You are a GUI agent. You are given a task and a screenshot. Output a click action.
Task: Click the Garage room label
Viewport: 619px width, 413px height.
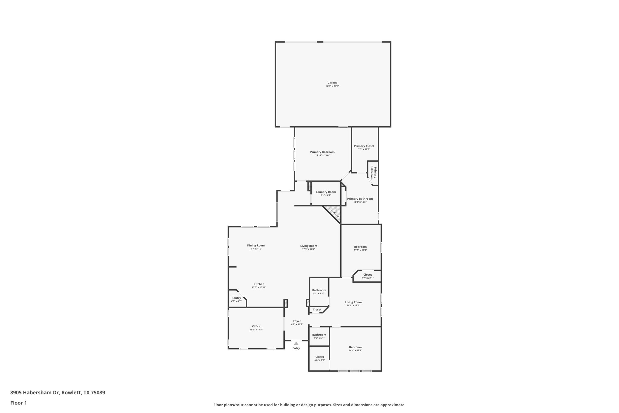[x=332, y=83]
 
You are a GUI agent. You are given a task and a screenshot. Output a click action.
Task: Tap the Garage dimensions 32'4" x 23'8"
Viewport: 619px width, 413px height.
[x=332, y=86]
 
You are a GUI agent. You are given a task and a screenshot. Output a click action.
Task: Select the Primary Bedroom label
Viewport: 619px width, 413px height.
[x=322, y=152]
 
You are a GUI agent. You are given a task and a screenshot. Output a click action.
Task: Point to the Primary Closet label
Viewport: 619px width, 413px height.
[x=364, y=146]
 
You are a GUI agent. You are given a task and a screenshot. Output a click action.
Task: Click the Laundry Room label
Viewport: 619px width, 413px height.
[x=326, y=192]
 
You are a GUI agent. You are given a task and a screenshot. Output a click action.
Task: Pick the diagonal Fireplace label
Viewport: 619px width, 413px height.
[x=334, y=212]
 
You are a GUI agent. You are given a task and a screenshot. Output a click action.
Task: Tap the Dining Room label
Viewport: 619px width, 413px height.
[x=256, y=245]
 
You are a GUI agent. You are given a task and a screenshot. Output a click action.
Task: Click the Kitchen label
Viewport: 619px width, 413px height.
[x=259, y=284]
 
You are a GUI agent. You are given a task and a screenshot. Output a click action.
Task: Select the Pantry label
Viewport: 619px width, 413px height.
[x=236, y=298]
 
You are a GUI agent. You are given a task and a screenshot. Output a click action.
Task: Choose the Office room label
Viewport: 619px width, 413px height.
[x=256, y=326]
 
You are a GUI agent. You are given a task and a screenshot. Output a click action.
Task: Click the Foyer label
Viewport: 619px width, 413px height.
[x=297, y=321]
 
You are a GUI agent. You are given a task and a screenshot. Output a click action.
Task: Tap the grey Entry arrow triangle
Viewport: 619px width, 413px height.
[x=296, y=343]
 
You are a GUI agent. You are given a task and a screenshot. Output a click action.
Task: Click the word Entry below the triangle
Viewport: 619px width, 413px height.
[x=296, y=348]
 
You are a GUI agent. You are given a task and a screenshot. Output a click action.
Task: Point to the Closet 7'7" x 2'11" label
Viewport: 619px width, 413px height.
[x=368, y=275]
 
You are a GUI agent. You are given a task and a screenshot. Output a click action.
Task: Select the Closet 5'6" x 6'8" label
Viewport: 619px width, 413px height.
[x=319, y=357]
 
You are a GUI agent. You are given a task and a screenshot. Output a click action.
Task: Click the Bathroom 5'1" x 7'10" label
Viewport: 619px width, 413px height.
[x=319, y=290]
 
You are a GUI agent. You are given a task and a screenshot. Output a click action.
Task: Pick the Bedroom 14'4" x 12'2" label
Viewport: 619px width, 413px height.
[x=355, y=347]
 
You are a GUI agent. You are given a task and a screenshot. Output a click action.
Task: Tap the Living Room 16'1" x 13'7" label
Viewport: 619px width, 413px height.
[x=353, y=302]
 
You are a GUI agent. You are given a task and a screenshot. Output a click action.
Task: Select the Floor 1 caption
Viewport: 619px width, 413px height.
[x=19, y=403]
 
